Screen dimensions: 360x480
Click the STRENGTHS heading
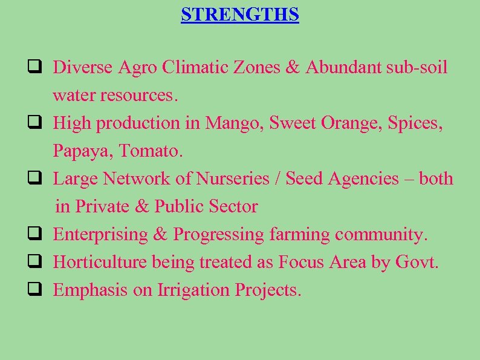click(240, 14)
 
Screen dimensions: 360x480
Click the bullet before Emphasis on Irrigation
click(33, 290)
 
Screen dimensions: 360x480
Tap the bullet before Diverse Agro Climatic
click(33, 67)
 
